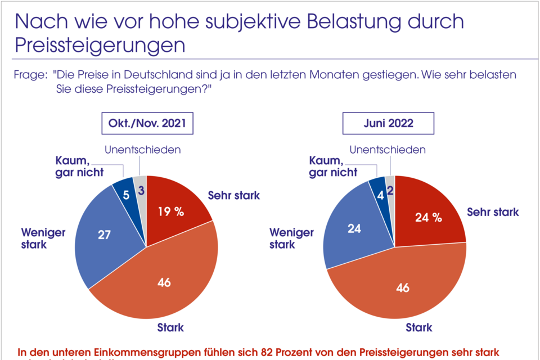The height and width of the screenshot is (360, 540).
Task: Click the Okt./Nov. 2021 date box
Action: tap(147, 123)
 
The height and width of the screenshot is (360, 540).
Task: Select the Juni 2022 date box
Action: tap(389, 123)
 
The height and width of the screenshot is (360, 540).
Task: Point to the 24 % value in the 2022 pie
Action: tap(428, 217)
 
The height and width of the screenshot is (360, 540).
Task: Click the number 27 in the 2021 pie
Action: tap(105, 235)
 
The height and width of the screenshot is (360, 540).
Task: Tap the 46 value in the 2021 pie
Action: tap(164, 282)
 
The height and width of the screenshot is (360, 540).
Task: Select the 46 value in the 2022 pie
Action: tap(402, 289)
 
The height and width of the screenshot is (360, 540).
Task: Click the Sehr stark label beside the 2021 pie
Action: tap(234, 196)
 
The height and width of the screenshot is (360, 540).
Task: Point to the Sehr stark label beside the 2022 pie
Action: tap(493, 212)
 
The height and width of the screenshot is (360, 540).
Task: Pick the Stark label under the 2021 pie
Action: tap(170, 327)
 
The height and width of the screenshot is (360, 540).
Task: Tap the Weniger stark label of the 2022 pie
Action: tap(291, 238)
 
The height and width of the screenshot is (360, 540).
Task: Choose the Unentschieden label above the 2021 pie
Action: tap(143, 150)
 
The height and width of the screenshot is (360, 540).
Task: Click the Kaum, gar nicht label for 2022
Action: tap(333, 167)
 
